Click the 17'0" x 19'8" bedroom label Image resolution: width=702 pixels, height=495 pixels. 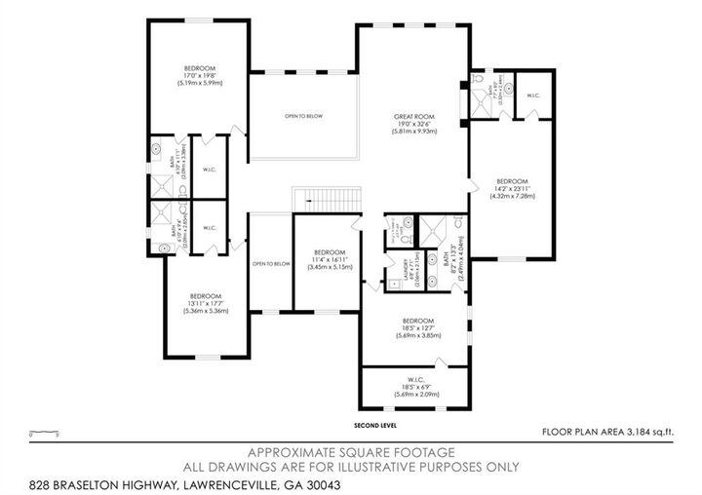click(x=200, y=67)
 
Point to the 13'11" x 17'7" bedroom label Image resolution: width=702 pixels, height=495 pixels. click(x=206, y=296)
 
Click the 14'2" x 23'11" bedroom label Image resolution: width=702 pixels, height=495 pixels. click(x=512, y=182)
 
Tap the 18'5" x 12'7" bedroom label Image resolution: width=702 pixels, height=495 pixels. click(x=418, y=321)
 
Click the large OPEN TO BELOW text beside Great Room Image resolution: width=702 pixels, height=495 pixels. click(x=303, y=116)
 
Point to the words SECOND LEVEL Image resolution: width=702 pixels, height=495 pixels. click(x=376, y=426)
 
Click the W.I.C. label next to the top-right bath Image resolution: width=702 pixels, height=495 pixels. click(x=533, y=95)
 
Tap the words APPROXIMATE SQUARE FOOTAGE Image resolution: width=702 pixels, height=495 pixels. click(x=351, y=453)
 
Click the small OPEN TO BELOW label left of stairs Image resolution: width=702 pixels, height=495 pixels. click(x=271, y=264)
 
